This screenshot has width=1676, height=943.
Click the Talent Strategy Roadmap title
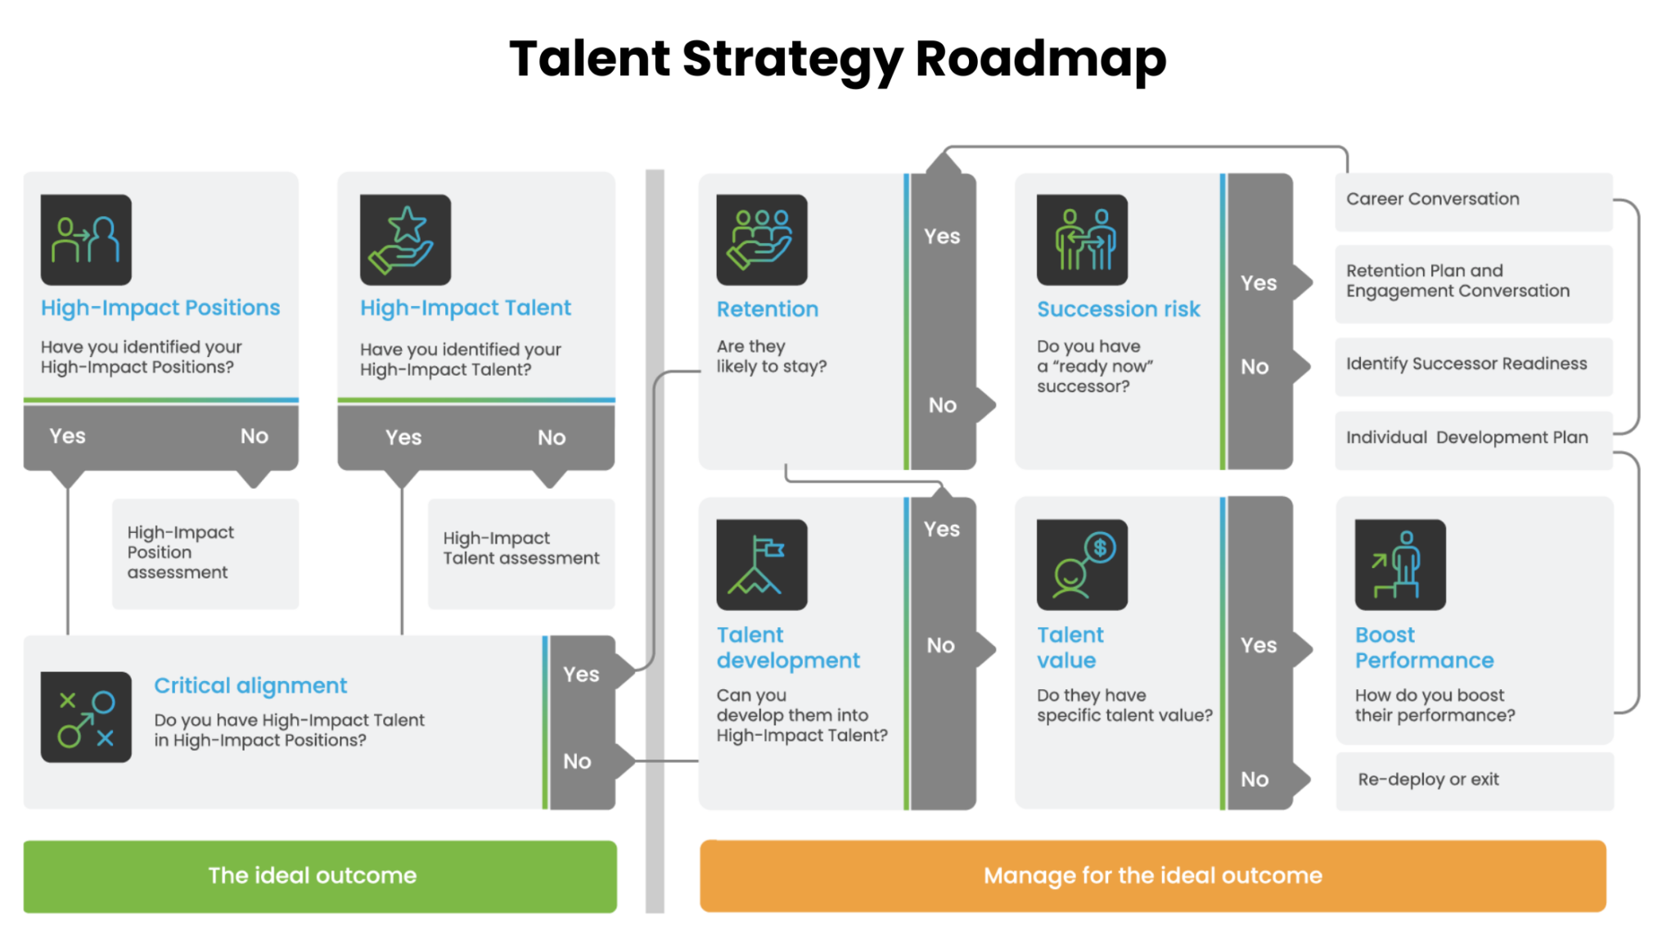point(837,59)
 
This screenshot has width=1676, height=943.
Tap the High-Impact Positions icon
point(86,239)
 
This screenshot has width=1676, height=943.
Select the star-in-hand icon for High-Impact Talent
point(405,239)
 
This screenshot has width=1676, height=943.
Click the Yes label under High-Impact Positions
point(67,436)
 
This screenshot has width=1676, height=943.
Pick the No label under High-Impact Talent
point(552,438)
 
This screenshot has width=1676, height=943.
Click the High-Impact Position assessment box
point(205,553)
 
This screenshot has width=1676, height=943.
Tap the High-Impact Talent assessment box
point(521,553)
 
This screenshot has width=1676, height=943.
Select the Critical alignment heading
point(250,685)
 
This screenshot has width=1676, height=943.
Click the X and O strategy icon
point(86,717)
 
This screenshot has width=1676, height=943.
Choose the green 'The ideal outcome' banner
point(320,876)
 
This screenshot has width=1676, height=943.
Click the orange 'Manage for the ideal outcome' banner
point(1152,876)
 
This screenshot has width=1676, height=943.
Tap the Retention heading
point(767,309)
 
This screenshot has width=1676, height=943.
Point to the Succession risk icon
point(1082,239)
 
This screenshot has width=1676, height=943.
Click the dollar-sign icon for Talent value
point(1082,565)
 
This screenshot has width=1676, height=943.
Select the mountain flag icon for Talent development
point(761,565)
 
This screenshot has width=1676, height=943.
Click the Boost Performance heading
point(1424,647)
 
